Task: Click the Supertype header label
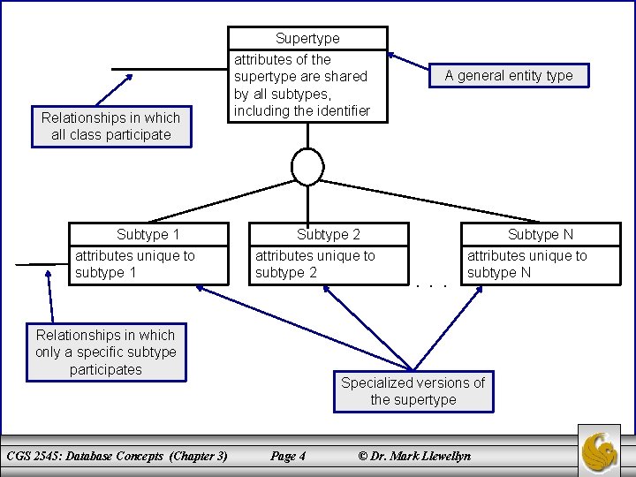point(307,38)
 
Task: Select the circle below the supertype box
point(307,167)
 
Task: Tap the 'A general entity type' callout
point(509,76)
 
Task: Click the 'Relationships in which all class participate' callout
point(110,126)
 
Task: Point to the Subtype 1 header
point(148,234)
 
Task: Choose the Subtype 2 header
point(329,234)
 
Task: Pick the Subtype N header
point(540,234)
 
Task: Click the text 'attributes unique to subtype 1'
point(134,264)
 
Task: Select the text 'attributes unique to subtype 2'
point(314,264)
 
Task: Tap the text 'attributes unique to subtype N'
point(526,264)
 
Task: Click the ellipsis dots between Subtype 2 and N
point(434,284)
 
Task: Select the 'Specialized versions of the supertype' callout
point(413,391)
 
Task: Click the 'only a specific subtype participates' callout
point(105,352)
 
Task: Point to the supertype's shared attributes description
point(300,86)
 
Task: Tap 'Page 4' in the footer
point(288,456)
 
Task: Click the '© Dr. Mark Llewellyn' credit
point(413,456)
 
